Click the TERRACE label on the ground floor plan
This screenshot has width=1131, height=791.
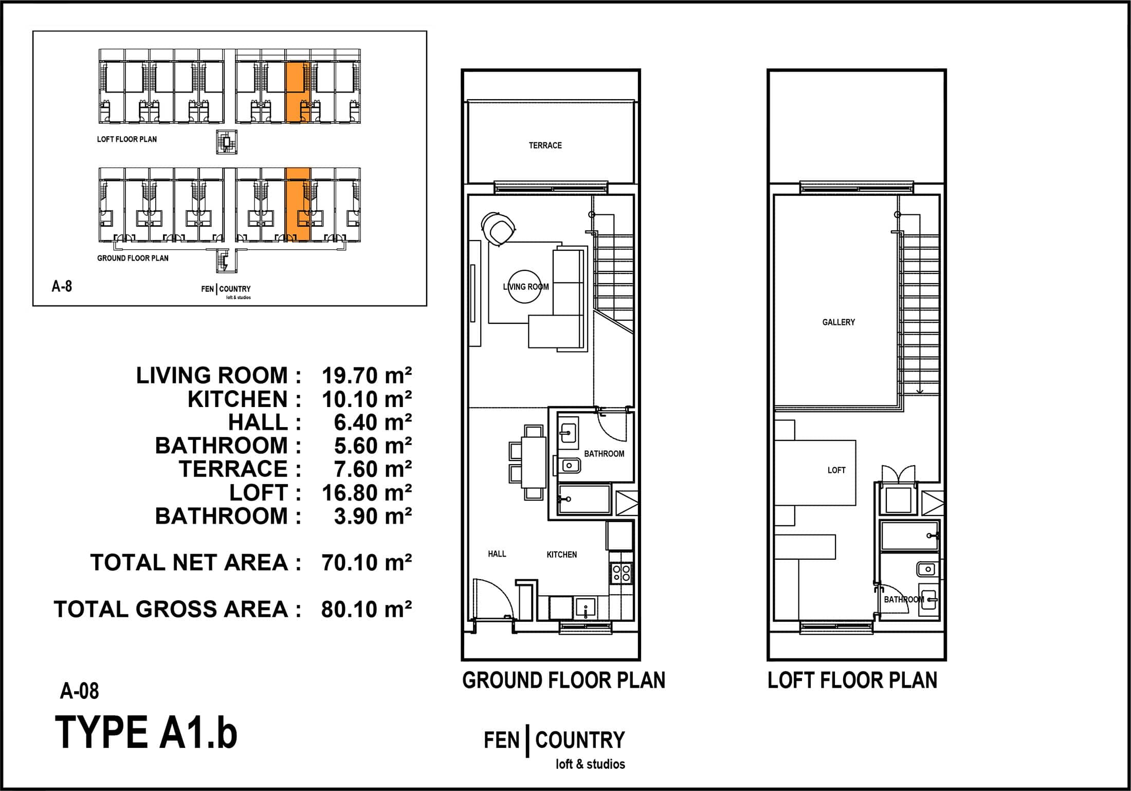pos(545,145)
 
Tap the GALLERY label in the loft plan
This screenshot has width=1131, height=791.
pos(838,322)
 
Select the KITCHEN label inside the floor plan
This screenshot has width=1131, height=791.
pos(561,555)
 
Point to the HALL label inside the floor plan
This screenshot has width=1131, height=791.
pos(497,554)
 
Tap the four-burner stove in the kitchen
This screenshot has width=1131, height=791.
pos(621,573)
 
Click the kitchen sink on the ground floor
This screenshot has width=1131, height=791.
pos(586,608)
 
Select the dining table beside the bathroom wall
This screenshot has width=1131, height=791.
pos(534,462)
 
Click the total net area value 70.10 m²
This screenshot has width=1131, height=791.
pos(367,562)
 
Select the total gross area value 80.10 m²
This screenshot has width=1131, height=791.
pos(367,609)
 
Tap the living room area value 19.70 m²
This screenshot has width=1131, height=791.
pos(367,375)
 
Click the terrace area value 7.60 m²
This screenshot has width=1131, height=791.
pos(373,469)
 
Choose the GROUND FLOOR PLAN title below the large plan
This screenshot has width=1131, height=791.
pos(563,680)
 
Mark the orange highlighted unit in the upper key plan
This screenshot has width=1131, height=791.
pos(298,93)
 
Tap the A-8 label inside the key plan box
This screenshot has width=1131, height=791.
pos(62,286)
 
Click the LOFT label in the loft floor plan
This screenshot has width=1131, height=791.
pos(836,470)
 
